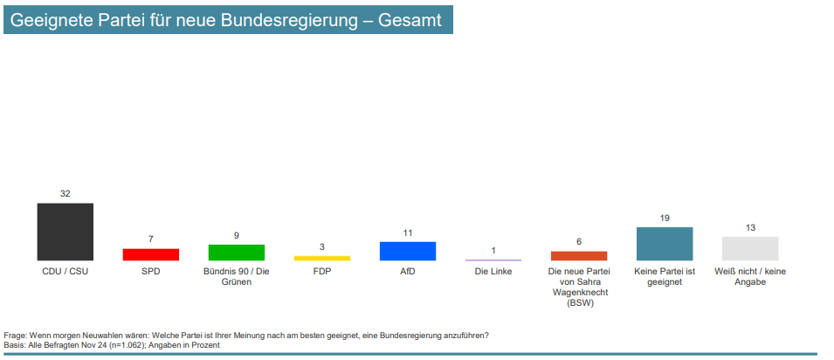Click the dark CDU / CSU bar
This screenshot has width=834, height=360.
point(65,232)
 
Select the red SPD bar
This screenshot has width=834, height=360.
point(150,254)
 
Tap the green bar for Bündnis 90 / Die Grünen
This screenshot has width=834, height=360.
point(236,253)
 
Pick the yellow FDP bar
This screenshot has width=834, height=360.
point(321,258)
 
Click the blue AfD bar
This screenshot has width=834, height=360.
point(408,251)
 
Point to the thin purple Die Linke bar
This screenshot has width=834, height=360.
point(493,260)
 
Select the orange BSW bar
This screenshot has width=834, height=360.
point(579,255)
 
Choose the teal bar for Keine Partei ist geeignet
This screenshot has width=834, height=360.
point(665,244)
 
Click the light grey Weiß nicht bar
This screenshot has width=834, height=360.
point(750,248)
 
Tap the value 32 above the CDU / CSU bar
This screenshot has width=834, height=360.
point(65,193)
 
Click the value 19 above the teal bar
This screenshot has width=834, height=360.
point(665,218)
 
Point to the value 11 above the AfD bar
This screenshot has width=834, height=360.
point(408,232)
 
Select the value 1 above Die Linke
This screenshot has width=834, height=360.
point(493,251)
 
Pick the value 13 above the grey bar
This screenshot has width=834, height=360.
point(750,227)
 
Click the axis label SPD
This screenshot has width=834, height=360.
point(150,272)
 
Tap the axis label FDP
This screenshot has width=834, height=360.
point(321,272)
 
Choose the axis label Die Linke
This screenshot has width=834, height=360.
point(493,272)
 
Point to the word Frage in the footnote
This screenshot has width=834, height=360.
point(16,336)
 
